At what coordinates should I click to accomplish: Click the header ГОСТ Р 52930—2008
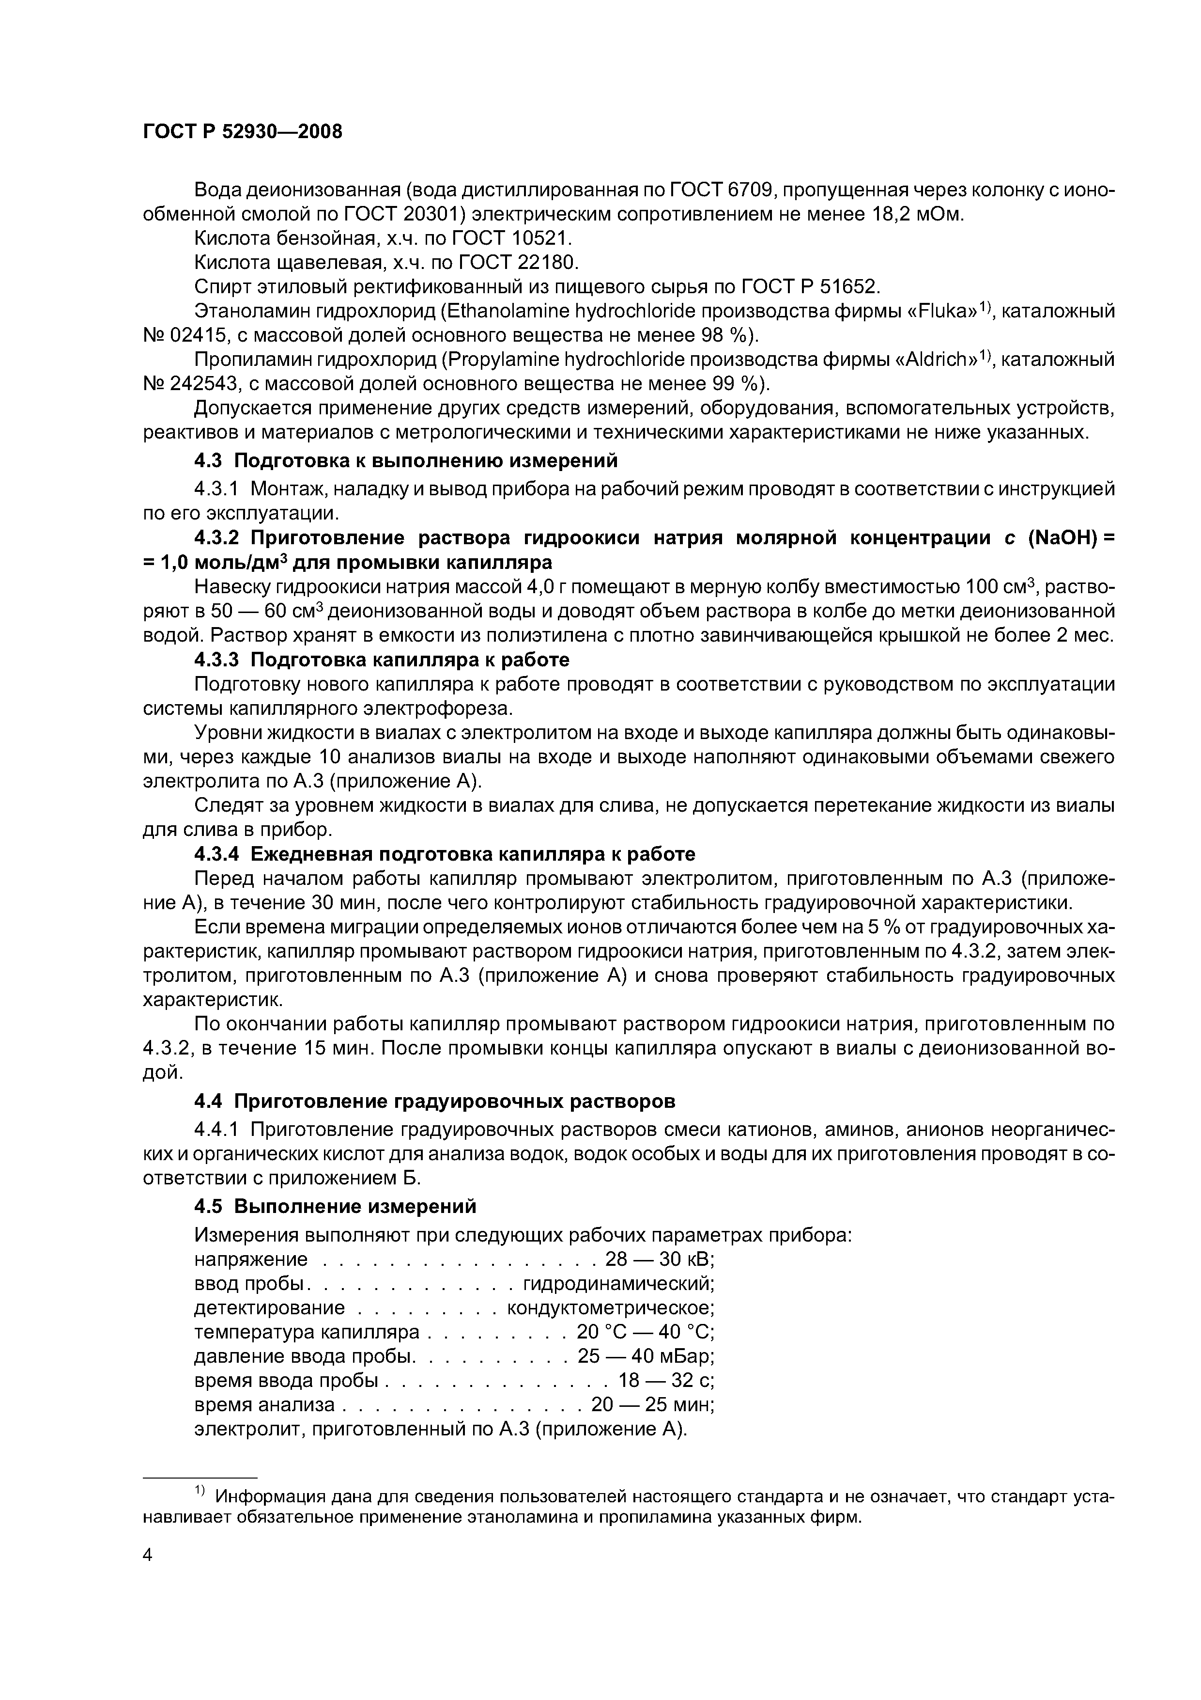tap(243, 132)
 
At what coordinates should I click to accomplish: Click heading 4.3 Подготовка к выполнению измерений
tap(405, 460)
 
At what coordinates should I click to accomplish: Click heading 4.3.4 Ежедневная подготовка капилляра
tap(444, 854)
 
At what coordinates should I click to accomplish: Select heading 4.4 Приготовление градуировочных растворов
tap(434, 1102)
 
